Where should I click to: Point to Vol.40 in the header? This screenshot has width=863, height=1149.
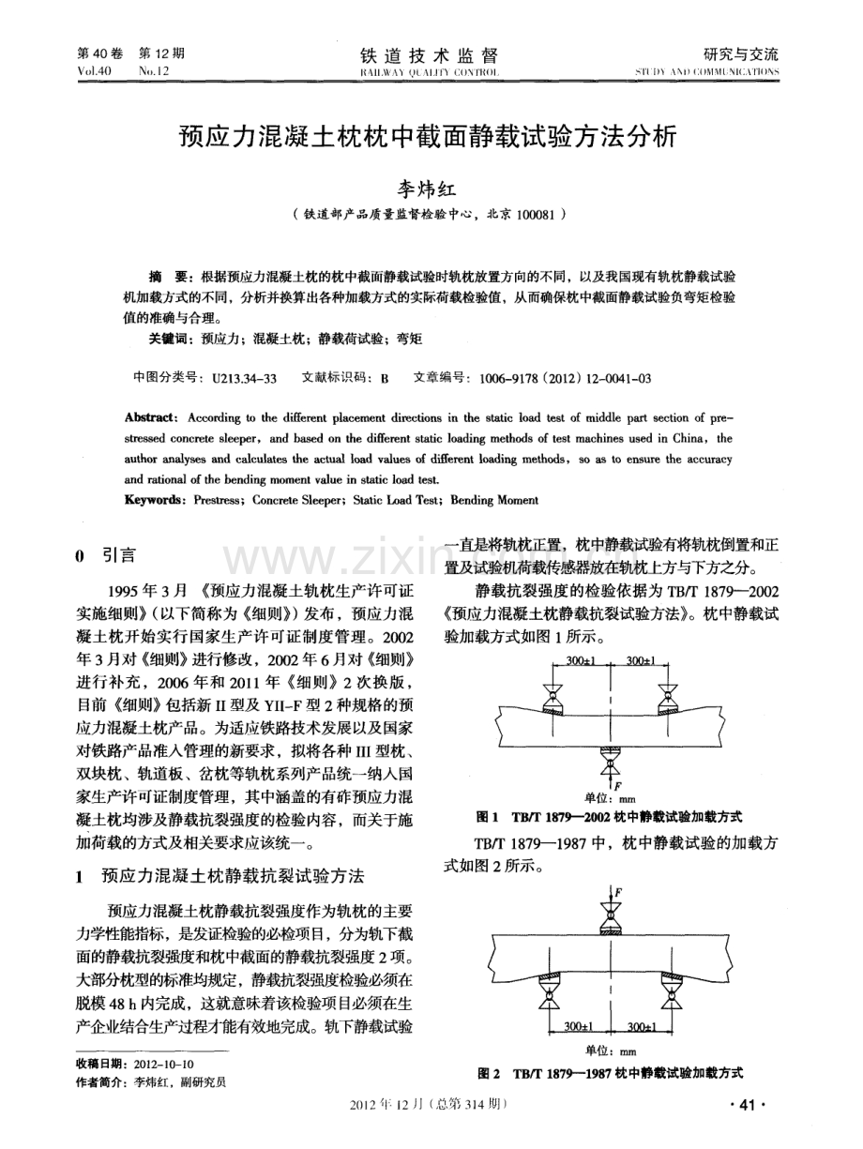[96, 71]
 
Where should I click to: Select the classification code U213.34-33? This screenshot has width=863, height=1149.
[243, 377]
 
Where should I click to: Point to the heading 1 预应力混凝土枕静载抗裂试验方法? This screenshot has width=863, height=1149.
[218, 877]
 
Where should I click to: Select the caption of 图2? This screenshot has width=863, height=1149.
[611, 1071]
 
